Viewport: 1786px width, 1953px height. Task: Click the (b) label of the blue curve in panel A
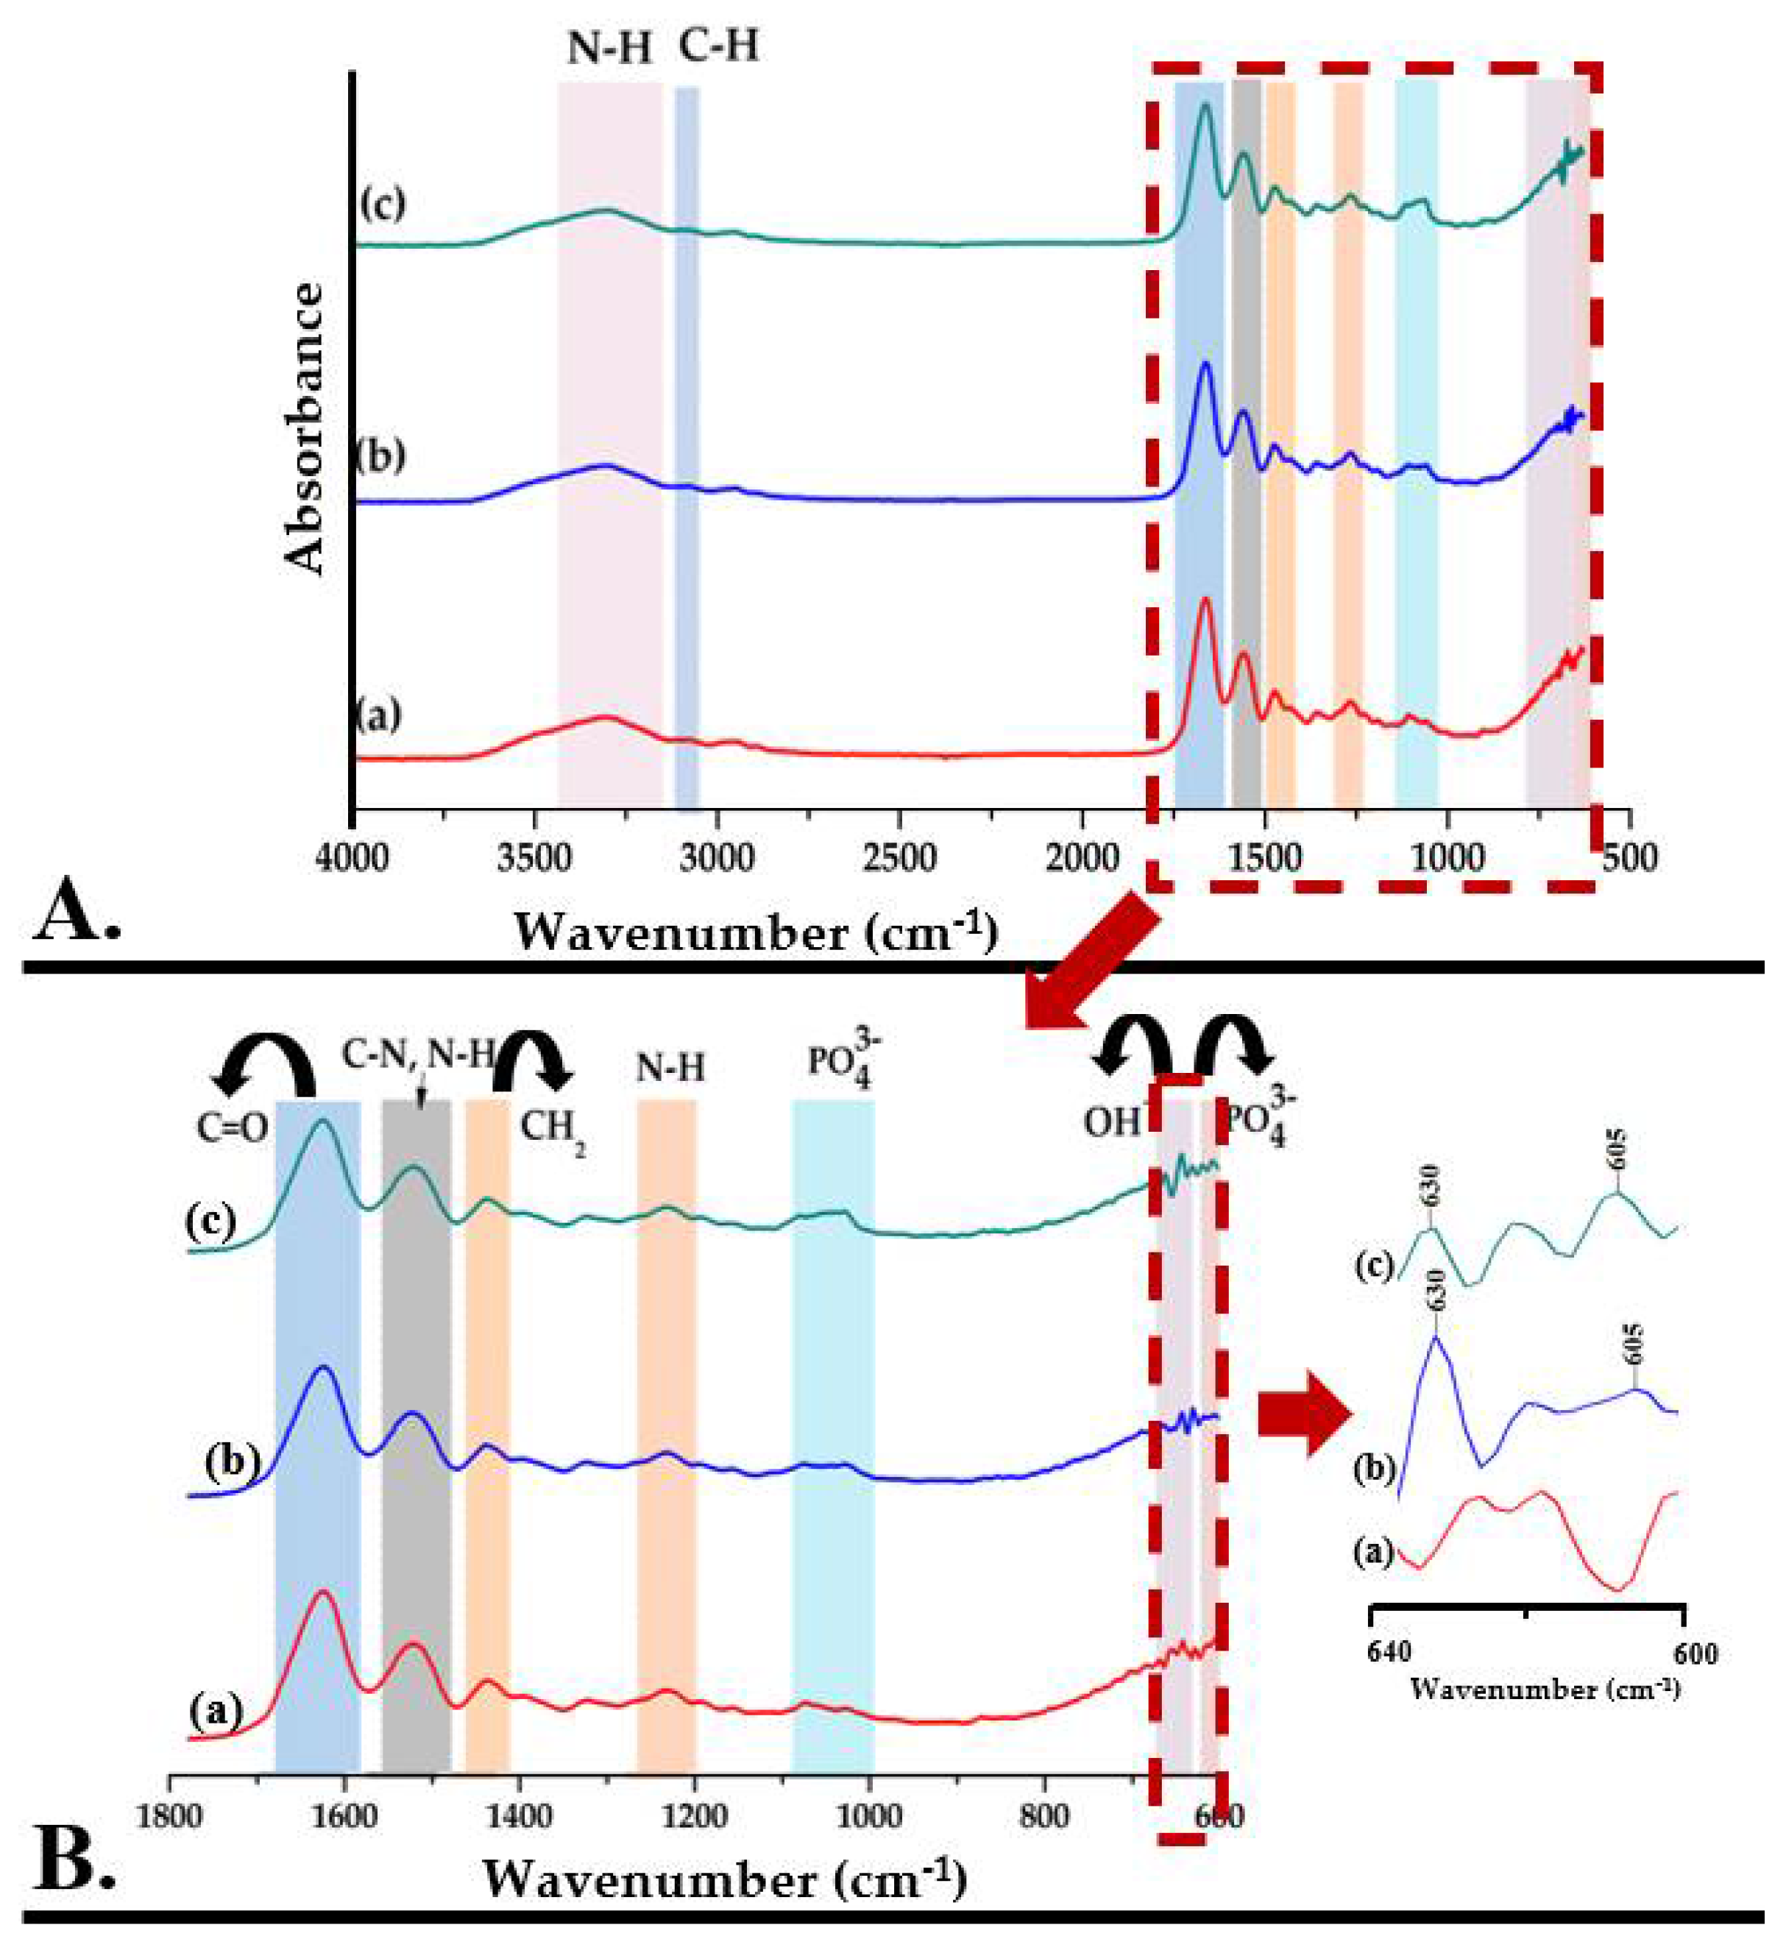(x=380, y=456)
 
